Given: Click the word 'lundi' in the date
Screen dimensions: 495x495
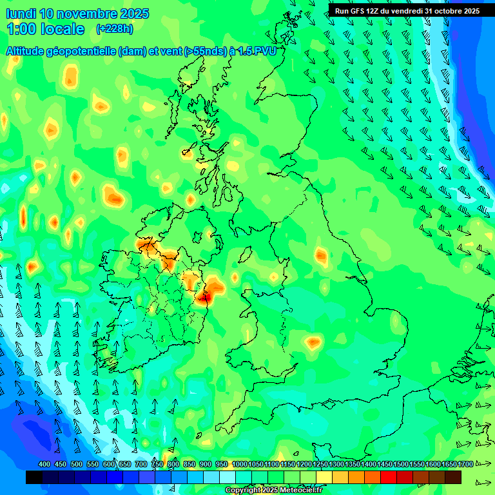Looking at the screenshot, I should click(21, 14).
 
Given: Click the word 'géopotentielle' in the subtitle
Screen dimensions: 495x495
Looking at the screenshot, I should click(82, 50).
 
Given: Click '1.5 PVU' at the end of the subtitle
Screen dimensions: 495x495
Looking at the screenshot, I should click(257, 50).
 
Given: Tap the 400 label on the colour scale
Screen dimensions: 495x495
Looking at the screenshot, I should click(44, 465).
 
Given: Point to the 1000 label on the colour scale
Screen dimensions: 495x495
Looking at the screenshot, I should click(239, 465).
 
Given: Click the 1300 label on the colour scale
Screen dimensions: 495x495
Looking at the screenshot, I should click(336, 465).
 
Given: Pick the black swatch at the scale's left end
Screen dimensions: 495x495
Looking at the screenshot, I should click(34, 478).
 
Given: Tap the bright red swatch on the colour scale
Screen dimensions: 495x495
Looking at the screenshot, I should click(389, 478).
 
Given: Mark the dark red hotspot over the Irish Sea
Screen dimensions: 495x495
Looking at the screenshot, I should click(206, 297).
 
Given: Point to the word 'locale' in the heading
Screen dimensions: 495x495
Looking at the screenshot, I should click(63, 29).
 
